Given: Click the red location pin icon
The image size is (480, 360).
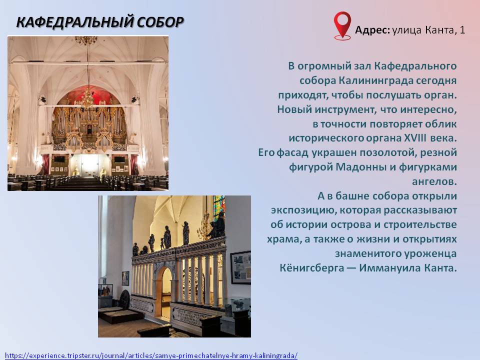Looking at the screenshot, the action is pyautogui.click(x=342, y=25).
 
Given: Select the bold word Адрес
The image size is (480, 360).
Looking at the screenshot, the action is pyautogui.click(x=372, y=30).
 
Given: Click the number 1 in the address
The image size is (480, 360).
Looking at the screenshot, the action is pyautogui.click(x=462, y=30).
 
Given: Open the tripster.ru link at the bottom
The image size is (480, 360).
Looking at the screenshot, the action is pyautogui.click(x=151, y=355).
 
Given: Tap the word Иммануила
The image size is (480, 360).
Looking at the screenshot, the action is pyautogui.click(x=389, y=268).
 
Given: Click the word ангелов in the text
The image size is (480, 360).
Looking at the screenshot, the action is pyautogui.click(x=434, y=182).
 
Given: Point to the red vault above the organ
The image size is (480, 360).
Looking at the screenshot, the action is pyautogui.click(x=89, y=94).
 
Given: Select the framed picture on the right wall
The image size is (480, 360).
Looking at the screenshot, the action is pyautogui.click(x=240, y=267).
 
